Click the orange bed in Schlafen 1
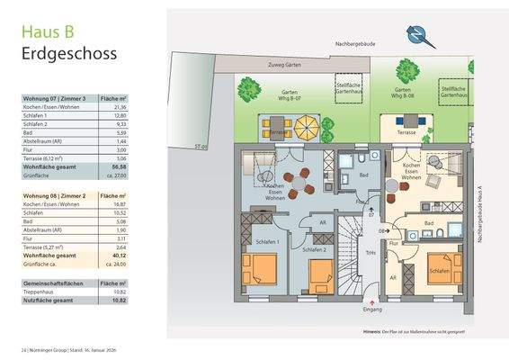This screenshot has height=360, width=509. [262, 267]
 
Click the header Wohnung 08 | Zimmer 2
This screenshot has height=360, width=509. [56, 194]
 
